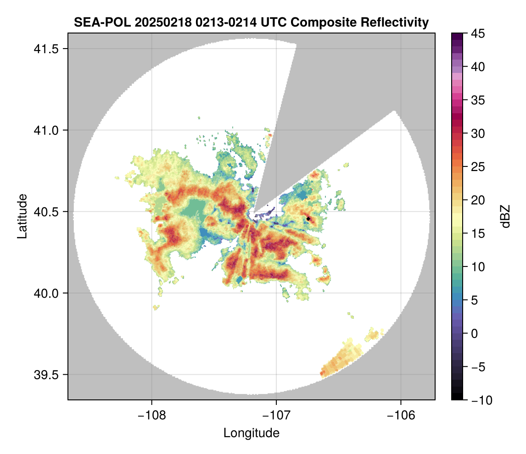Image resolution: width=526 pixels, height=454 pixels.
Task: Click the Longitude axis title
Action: coord(251,432)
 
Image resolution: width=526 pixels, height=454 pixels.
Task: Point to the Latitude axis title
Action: coord(22,216)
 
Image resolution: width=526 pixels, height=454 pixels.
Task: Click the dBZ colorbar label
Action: coord(505,216)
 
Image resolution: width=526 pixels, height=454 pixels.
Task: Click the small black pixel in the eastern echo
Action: coord(308,219)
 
